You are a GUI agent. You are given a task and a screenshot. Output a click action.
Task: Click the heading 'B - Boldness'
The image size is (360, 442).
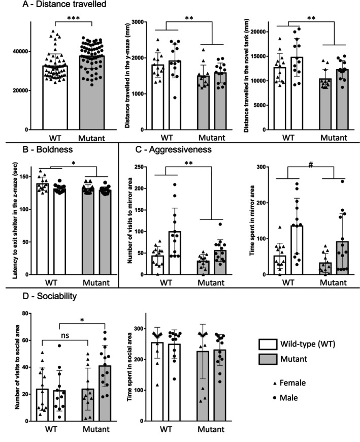[x=32, y=150]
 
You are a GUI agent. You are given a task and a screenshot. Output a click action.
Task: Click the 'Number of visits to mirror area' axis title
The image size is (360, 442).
[x=130, y=219]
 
